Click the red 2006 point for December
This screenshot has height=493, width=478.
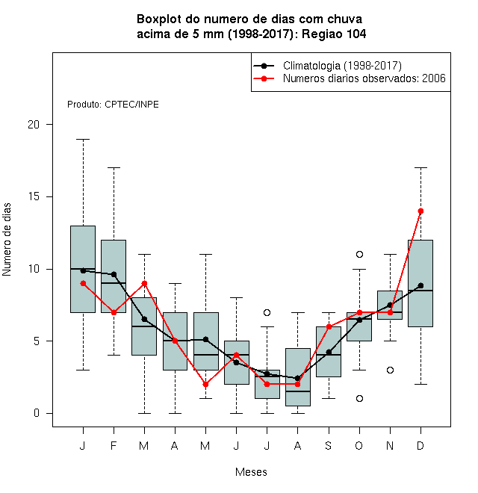420,211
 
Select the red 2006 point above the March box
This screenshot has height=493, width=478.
144,283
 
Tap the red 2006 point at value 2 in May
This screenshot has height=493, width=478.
205,384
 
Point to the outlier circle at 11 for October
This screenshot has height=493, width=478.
359,254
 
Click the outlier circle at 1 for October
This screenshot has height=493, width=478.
359,398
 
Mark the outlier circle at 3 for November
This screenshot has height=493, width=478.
390,370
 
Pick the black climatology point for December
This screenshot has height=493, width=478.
420,285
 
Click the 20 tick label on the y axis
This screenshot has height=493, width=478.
34,125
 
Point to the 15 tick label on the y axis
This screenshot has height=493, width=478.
34,196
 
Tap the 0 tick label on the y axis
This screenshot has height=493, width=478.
37,413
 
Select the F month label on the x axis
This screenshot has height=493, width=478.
114,445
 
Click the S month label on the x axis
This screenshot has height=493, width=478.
329,445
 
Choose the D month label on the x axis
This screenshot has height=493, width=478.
420,445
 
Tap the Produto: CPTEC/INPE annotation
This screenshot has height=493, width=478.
113,105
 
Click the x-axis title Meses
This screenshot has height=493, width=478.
251,472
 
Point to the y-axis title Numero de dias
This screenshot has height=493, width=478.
7,240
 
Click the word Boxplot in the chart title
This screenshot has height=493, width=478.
159,19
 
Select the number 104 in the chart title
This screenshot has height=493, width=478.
356,34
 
